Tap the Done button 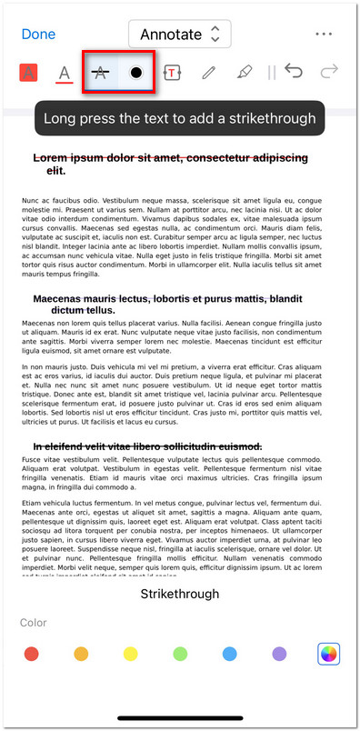pyautogui.click(x=38, y=35)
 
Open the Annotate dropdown pyautogui.click(x=179, y=35)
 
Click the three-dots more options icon pyautogui.click(x=323, y=35)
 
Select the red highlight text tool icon pyautogui.click(x=28, y=73)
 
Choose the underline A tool pyautogui.click(x=65, y=73)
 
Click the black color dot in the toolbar pyautogui.click(x=135, y=73)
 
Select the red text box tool pyautogui.click(x=172, y=73)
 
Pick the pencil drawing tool pyautogui.click(x=208, y=73)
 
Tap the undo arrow pyautogui.click(x=294, y=72)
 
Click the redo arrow pyautogui.click(x=329, y=72)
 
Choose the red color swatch pyautogui.click(x=32, y=653)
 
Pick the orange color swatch pyautogui.click(x=81, y=653)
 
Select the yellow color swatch pyautogui.click(x=130, y=653)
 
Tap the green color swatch pyautogui.click(x=180, y=653)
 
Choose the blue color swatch pyautogui.click(x=229, y=653)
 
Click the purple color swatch pyautogui.click(x=279, y=653)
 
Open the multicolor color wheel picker pyautogui.click(x=328, y=653)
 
